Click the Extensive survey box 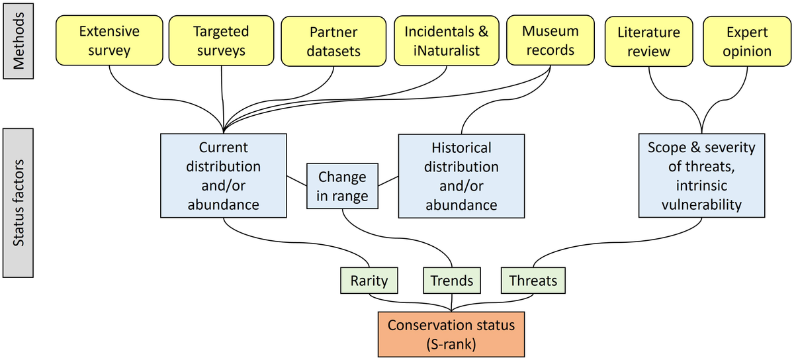click(x=109, y=40)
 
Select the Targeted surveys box click(x=221, y=40)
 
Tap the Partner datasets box click(x=333, y=41)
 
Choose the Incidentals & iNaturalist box click(x=447, y=41)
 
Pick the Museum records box click(x=551, y=40)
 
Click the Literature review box click(x=648, y=41)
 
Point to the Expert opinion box click(x=747, y=41)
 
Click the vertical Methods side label click(x=19, y=41)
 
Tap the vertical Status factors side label click(x=18, y=203)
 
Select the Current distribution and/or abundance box click(x=224, y=175)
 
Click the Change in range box click(x=343, y=186)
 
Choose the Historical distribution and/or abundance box click(x=462, y=176)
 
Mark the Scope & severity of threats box click(x=702, y=175)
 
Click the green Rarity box click(x=369, y=281)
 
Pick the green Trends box click(x=452, y=281)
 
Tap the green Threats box click(x=533, y=281)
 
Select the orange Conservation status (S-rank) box click(x=451, y=334)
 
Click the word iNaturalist click(x=447, y=51)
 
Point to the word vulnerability click(x=702, y=204)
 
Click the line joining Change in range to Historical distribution click(x=388, y=181)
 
